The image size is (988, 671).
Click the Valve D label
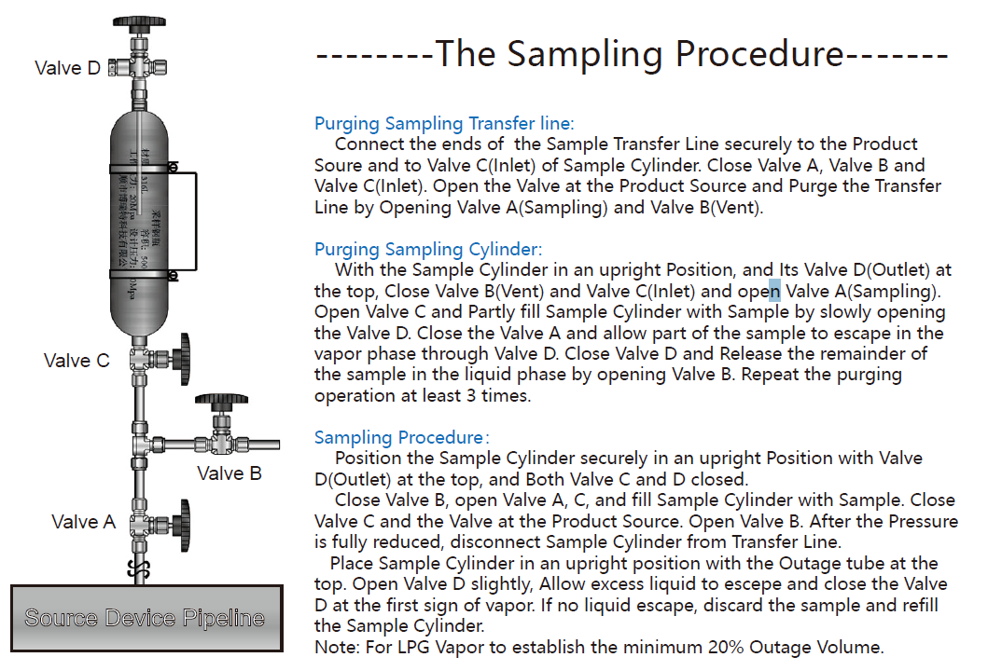[x=67, y=68]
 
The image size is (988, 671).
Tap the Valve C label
[x=77, y=361]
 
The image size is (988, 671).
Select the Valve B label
[x=230, y=473]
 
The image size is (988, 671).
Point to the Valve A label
[x=84, y=522]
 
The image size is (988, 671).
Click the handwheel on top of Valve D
[x=139, y=21]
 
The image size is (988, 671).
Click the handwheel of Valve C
[x=186, y=357]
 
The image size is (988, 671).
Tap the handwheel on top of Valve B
[x=221, y=401]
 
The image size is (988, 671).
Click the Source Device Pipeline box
[x=146, y=618]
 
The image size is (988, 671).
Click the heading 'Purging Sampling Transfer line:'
[x=444, y=123]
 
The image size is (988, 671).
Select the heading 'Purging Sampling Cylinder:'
[x=428, y=249]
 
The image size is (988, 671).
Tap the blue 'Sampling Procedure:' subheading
[x=402, y=437]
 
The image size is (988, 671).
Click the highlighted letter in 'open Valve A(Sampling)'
[x=774, y=290]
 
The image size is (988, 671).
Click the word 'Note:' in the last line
[x=336, y=647]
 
